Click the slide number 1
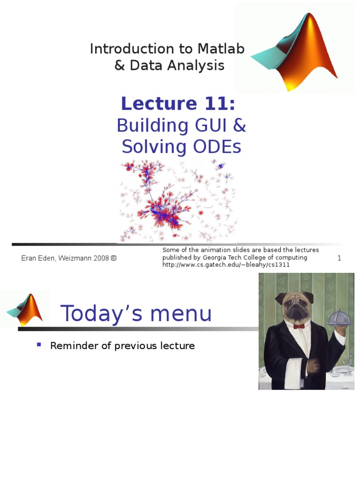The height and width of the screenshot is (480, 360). [x=339, y=258]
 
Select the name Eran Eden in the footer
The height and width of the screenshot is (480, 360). [x=38, y=258]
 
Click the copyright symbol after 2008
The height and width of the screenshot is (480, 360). [x=113, y=258]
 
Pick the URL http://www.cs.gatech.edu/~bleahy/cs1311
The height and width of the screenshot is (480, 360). [x=226, y=265]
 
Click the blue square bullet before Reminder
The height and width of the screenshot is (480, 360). [x=39, y=345]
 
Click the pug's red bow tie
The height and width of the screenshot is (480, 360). [x=299, y=325]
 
